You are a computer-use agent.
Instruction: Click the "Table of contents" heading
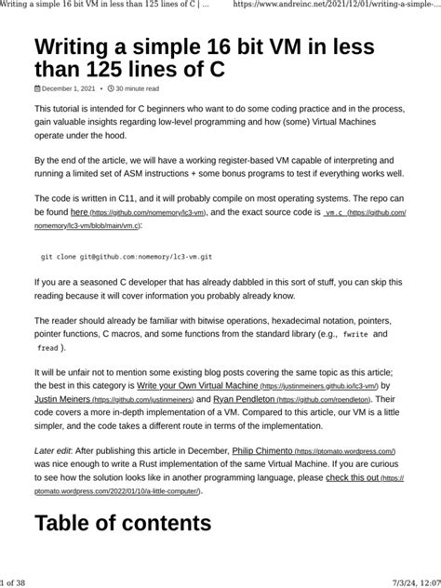coord(123,524)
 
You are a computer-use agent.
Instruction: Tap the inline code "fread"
coord(47,347)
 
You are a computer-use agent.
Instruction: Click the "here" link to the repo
coord(80,212)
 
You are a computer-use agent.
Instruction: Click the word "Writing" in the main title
coord(83,47)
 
